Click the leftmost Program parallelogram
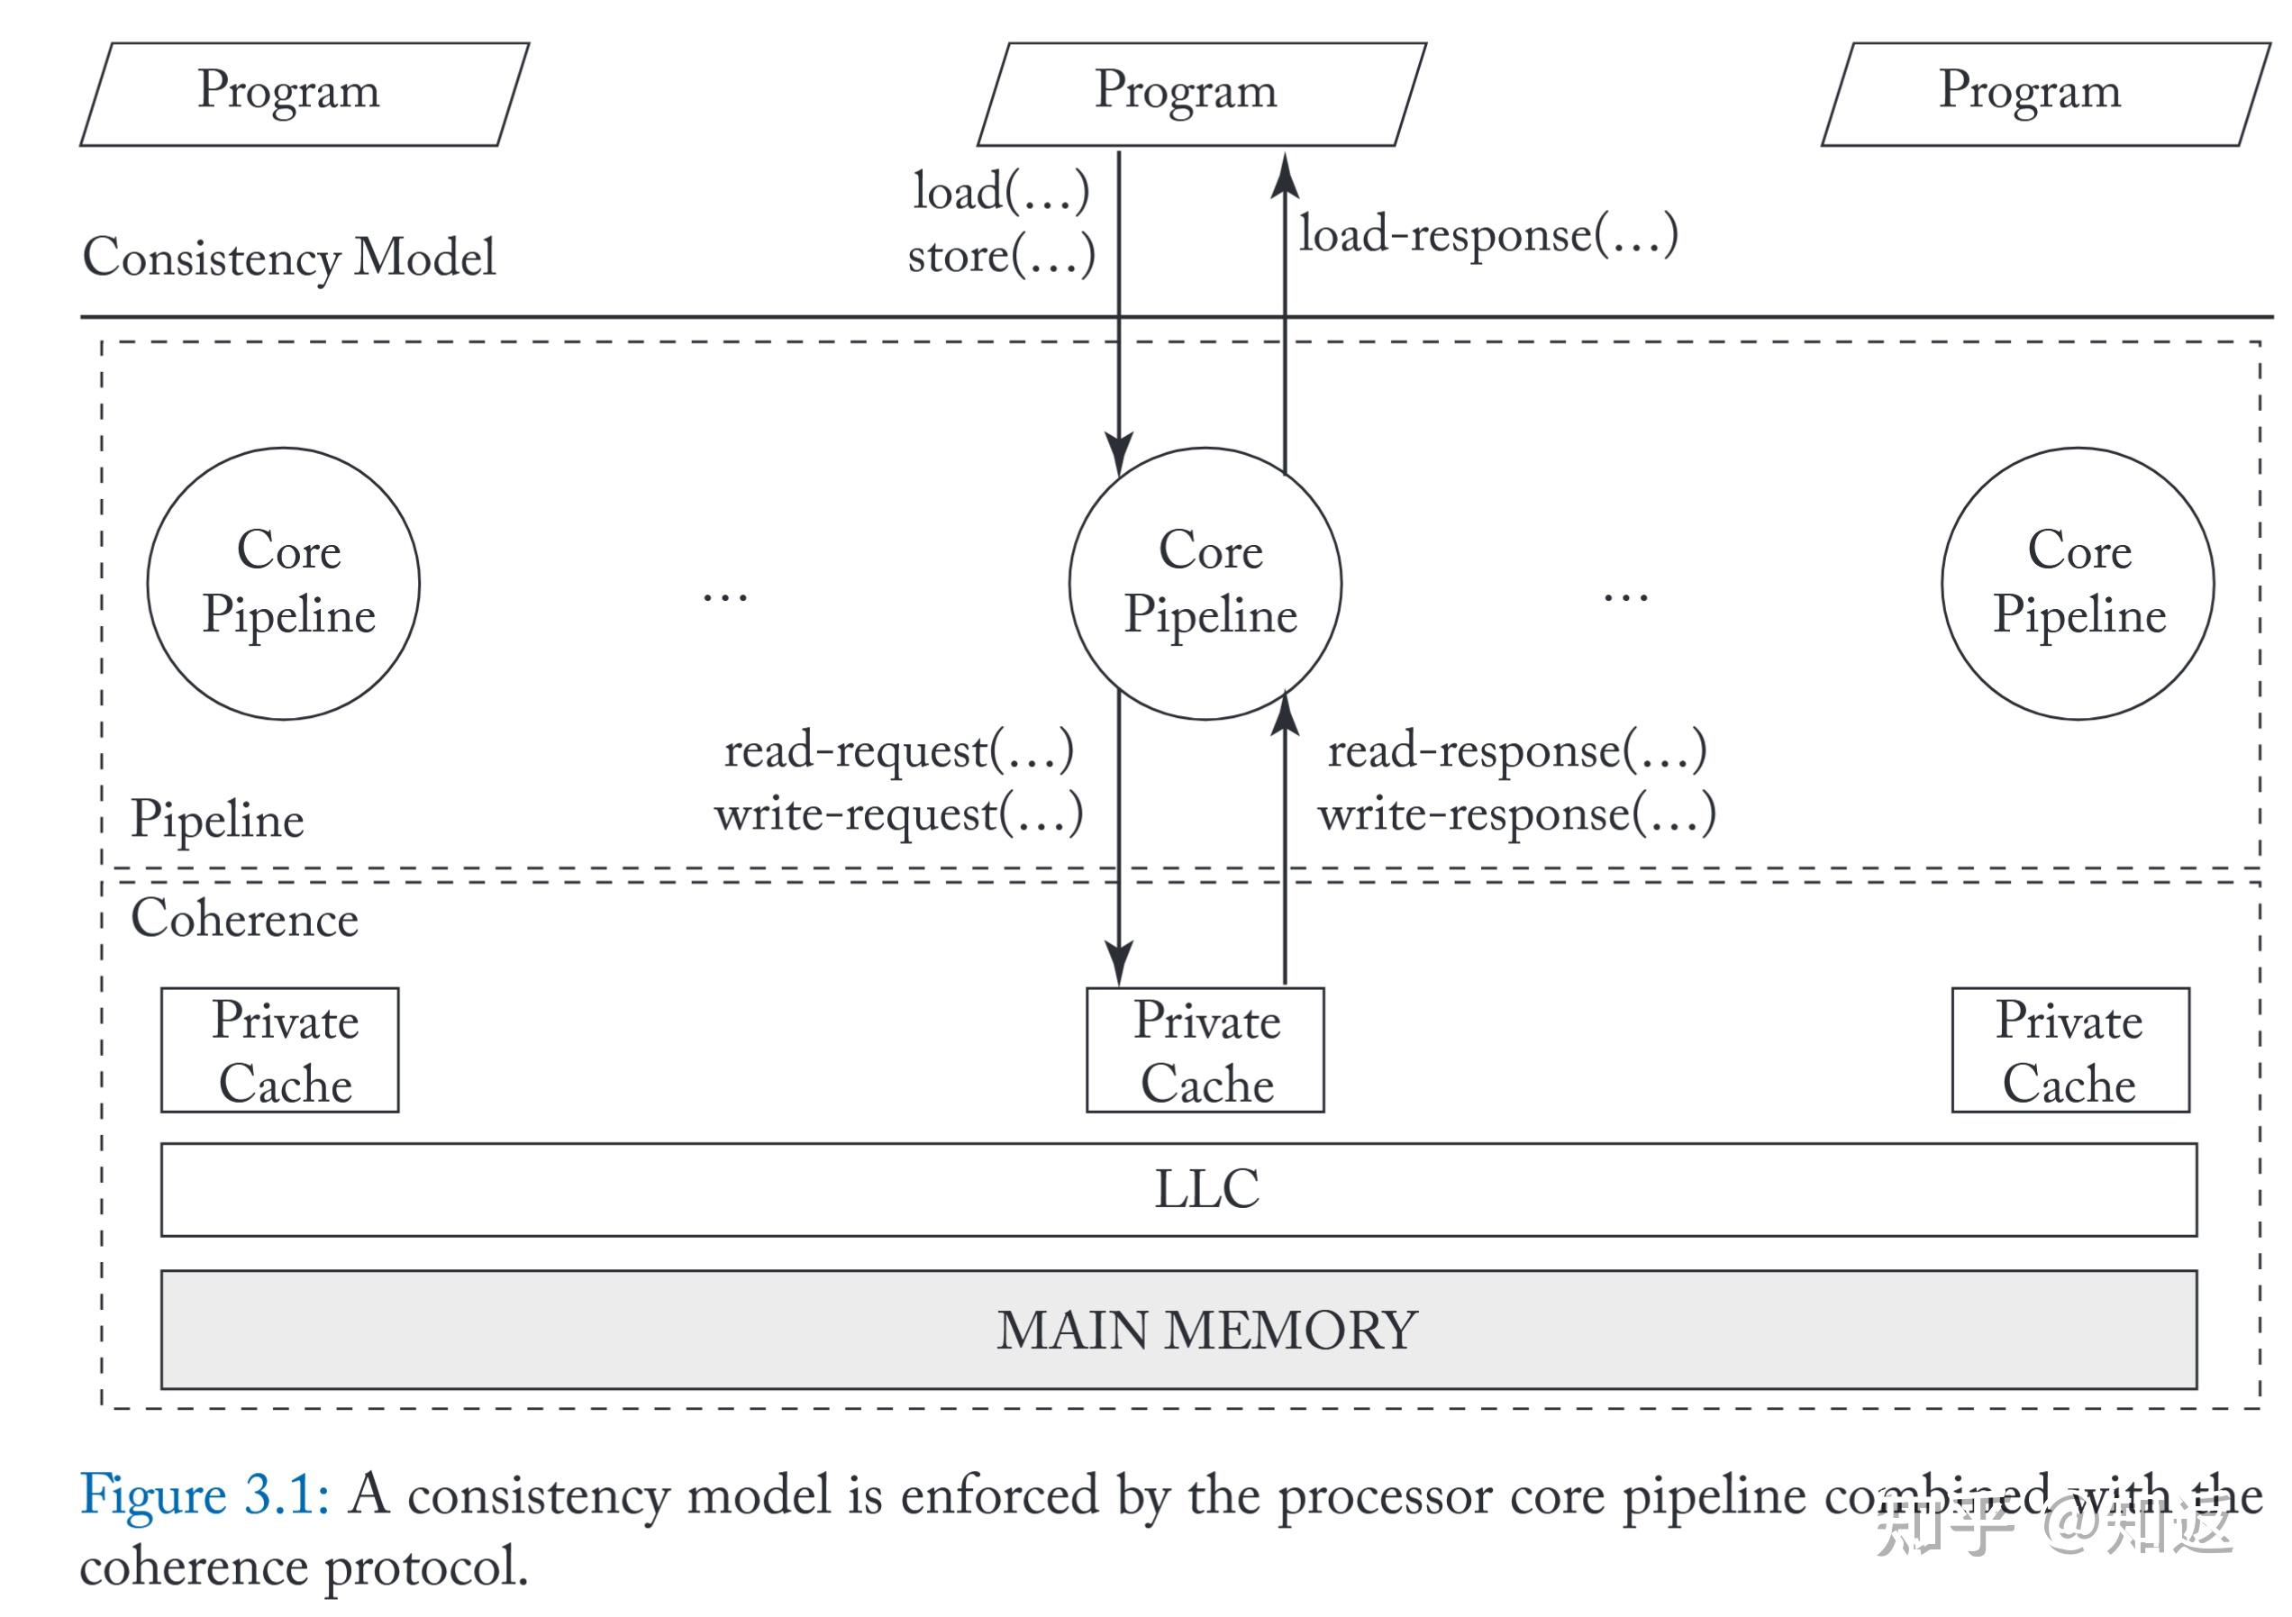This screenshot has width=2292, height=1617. pos(304,94)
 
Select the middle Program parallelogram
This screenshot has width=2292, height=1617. pos(1201,94)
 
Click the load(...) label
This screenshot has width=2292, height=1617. pos(1000,192)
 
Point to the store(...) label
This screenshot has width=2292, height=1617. pos(1001,257)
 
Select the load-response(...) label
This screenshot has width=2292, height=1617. pos(1487,235)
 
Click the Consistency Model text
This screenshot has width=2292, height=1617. pos(288,258)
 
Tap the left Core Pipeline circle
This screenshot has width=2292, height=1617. pos(284,584)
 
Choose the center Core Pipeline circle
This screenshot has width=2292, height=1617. pos(1205,584)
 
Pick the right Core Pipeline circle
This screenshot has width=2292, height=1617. pos(2078,584)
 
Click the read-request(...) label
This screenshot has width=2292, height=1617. pos(898,750)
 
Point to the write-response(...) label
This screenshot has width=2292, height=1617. pos(1516,814)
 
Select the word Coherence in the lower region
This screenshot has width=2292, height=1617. pos(244,919)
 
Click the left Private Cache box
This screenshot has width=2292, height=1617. pos(279,1050)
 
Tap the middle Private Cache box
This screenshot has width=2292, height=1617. pos(1205,1050)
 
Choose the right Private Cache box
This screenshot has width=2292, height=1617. pos(2070,1050)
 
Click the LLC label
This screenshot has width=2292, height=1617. pos(1207,1190)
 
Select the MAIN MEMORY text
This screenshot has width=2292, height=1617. pos(1207,1331)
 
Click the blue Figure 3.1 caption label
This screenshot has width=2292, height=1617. pos(205,1495)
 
